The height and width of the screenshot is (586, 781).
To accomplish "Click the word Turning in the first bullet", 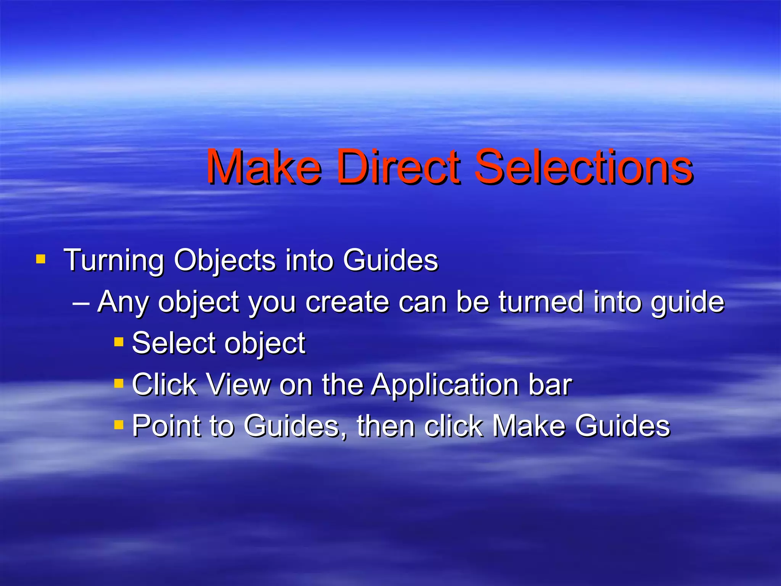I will [x=114, y=261].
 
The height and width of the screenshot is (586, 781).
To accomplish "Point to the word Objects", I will [x=225, y=261].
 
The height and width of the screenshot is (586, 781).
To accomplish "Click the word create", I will [x=347, y=302].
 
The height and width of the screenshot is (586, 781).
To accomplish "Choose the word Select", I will [x=174, y=343].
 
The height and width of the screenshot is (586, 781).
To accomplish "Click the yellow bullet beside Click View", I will [x=119, y=383].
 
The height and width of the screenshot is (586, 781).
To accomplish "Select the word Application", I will [x=445, y=385].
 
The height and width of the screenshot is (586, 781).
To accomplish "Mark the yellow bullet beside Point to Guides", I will [x=119, y=424].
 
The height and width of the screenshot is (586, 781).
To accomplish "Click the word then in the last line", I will [x=385, y=425].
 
